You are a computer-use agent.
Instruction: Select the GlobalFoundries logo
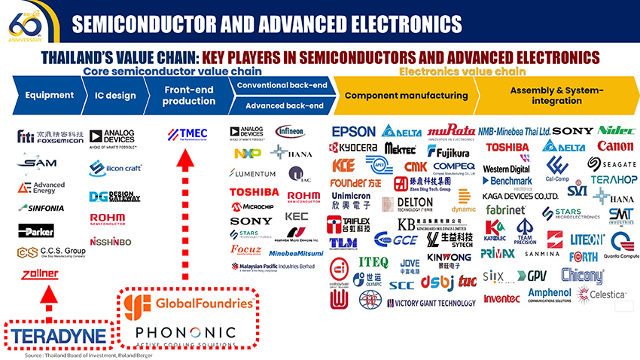pos(187,304)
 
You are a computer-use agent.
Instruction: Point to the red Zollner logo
pos(40,273)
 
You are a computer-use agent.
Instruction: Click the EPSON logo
pos(352,132)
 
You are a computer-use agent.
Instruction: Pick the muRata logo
pos(450,130)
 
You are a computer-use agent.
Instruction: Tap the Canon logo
pos(614,146)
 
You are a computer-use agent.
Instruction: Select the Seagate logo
pos(611,163)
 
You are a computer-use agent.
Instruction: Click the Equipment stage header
pos(49,96)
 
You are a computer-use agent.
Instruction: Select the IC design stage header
pos(115,96)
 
